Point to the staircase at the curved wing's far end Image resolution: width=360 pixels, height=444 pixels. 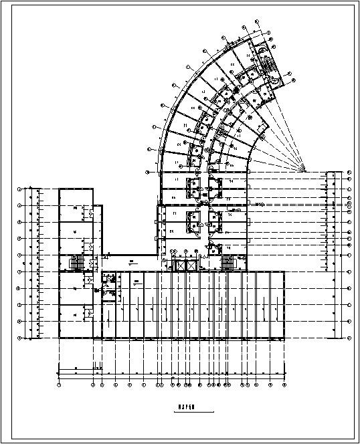(271, 65)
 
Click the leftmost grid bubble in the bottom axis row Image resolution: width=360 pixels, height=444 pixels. (60, 386)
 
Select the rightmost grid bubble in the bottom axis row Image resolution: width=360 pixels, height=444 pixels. (284, 386)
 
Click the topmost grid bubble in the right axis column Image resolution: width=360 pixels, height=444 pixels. (349, 173)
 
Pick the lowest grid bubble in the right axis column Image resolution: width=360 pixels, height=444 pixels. (349, 339)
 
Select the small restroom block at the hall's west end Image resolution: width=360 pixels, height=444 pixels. (108, 286)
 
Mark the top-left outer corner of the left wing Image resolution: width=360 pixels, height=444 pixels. (59, 189)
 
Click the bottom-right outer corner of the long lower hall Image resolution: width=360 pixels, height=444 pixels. (284, 338)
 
